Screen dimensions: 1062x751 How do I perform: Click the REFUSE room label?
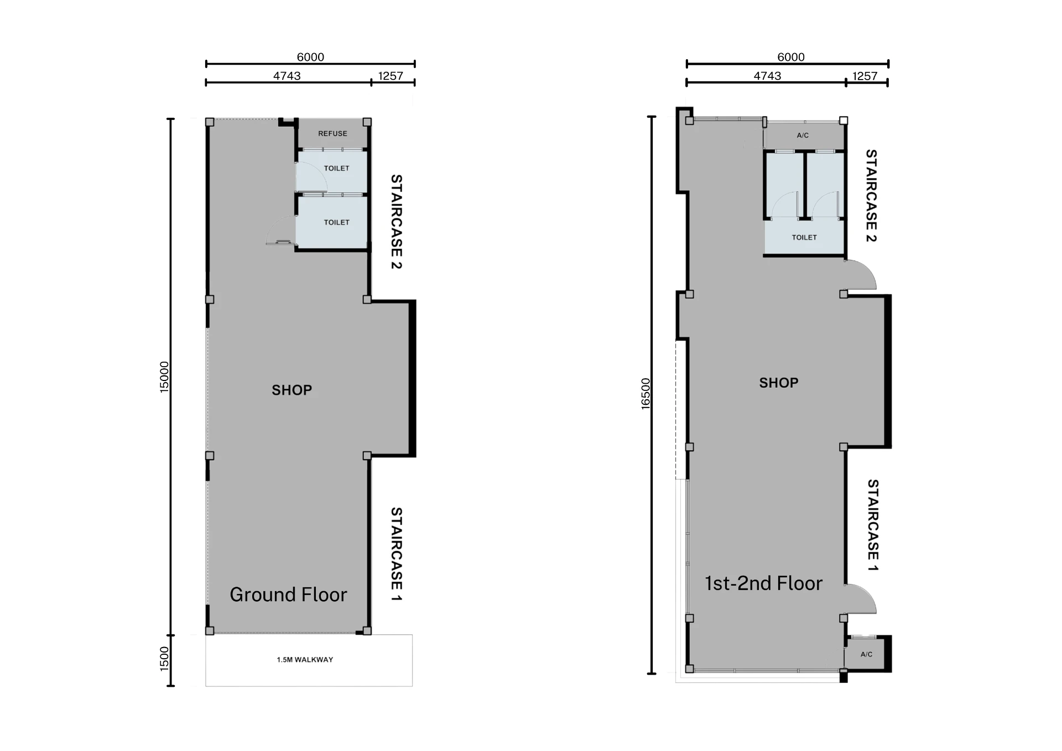332,133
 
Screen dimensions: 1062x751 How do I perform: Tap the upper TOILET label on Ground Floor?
336,168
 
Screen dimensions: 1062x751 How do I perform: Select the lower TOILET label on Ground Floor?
336,222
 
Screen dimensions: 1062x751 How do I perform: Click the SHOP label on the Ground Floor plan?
291,390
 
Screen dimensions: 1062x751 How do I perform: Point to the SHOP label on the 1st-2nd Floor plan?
779,383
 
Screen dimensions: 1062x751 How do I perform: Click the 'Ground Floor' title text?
288,594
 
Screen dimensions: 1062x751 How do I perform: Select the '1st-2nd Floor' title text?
763,583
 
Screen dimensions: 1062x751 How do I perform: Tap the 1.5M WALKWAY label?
305,659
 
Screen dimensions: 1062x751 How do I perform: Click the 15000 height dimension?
164,377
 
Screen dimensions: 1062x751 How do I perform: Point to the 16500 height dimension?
645,393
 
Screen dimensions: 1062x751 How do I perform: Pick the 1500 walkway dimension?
164,659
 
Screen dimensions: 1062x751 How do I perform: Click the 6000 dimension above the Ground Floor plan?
310,57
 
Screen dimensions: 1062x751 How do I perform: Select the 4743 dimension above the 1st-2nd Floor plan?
767,76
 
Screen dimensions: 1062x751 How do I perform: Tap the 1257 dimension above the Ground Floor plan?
391,76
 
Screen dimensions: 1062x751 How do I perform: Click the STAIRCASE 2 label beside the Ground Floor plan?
396,222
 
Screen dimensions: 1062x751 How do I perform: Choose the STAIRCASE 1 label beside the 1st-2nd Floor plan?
872,525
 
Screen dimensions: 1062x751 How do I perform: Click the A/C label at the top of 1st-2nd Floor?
803,135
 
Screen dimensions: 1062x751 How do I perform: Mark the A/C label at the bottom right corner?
866,654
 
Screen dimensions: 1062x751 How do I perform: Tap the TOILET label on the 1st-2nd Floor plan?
804,237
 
